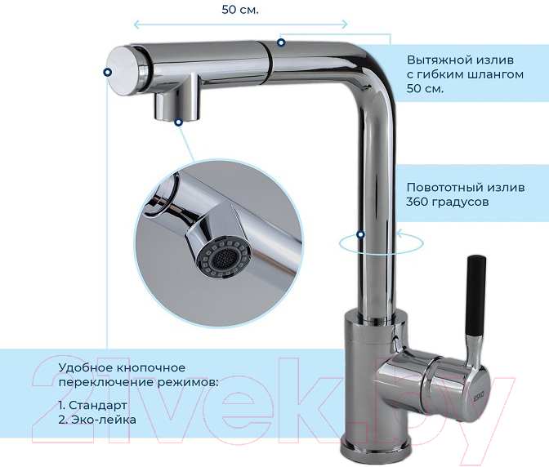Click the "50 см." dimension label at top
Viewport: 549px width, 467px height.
pos(240,10)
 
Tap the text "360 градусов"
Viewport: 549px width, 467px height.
pos(448,202)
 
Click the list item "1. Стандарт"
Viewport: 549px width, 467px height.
pos(93,405)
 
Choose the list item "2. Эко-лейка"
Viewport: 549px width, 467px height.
pos(97,420)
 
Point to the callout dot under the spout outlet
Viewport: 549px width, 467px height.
pos(179,122)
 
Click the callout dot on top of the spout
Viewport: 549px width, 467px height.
pos(281,42)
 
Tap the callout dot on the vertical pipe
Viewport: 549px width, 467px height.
pos(360,234)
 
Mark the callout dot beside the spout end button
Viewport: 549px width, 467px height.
pos(108,72)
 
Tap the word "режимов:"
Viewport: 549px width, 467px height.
pos(188,383)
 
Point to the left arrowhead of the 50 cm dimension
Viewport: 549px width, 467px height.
pos(137,24)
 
